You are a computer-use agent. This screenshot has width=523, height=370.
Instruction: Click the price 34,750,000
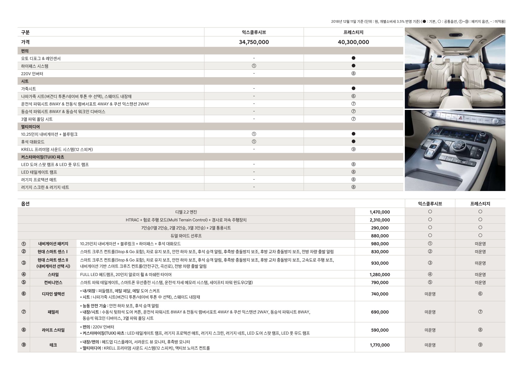[x=254, y=42]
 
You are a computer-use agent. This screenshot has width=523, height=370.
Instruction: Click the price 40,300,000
[x=353, y=42]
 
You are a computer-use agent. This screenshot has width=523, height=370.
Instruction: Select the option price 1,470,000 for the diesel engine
[x=380, y=212]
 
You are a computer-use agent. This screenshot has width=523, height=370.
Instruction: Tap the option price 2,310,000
[x=380, y=220]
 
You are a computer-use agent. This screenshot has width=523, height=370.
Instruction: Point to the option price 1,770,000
[x=380, y=345]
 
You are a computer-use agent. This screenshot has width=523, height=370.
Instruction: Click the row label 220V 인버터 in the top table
[x=32, y=74]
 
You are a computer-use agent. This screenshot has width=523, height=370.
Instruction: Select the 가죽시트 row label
[x=28, y=89]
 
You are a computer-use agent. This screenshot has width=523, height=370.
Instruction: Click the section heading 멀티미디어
[x=30, y=127]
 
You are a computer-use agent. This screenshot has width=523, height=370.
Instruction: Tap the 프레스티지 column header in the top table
[x=353, y=32]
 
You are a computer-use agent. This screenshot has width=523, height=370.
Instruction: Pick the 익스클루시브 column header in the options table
[x=430, y=204]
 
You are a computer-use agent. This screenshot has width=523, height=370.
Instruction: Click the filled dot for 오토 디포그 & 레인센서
[x=353, y=58]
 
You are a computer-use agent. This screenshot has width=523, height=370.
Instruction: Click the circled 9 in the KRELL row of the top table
[x=353, y=149]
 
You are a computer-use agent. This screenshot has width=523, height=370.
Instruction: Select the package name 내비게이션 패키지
[x=53, y=244]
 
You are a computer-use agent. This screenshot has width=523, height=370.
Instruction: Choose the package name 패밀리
[x=53, y=312]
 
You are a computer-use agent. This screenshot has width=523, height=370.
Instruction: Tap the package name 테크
[x=53, y=345]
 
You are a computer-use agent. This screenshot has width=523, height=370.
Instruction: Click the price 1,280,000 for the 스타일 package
[x=380, y=275]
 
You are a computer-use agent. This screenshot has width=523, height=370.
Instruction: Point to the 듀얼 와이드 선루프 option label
[x=186, y=236]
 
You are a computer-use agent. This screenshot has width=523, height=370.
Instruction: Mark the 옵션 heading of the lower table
[x=25, y=204]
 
